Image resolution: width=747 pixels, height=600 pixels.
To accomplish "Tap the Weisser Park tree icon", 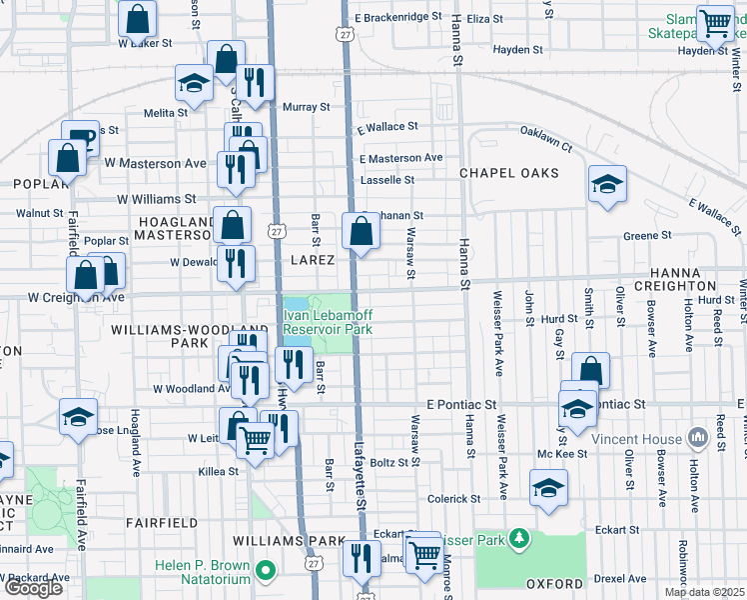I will click(517, 541).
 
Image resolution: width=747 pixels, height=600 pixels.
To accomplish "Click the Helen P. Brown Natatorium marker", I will click(265, 572).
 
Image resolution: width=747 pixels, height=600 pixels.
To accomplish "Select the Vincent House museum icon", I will click(697, 439).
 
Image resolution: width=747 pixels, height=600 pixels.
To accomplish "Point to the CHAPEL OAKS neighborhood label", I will click(509, 173).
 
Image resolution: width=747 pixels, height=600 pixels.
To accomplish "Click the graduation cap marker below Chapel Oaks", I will click(606, 185).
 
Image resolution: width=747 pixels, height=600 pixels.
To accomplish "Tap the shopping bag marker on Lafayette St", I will click(361, 232).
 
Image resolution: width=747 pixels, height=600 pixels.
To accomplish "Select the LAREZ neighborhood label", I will click(312, 260).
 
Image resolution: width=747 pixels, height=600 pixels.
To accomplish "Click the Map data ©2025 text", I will click(704, 592).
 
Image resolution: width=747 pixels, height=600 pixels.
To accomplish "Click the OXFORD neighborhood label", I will click(554, 583).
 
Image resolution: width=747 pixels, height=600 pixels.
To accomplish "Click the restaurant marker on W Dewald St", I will click(236, 265).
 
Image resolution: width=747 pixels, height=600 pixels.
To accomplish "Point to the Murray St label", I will click(306, 107).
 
